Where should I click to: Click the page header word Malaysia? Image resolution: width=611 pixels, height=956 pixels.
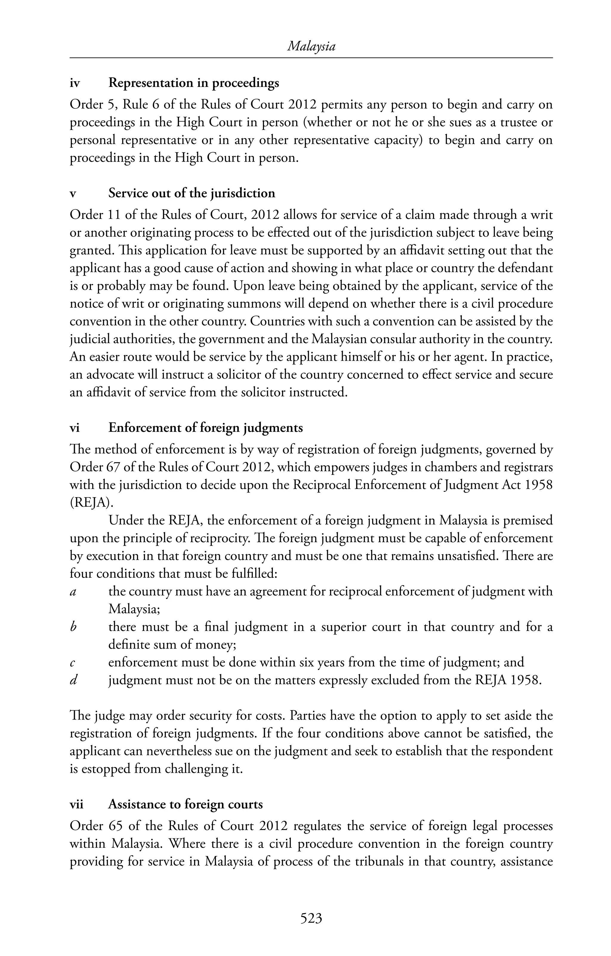(x=311, y=47)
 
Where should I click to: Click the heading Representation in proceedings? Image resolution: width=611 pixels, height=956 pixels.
(x=194, y=83)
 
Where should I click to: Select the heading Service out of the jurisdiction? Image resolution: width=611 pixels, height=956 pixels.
(x=192, y=193)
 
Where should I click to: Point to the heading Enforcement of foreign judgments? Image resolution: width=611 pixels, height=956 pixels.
(x=206, y=428)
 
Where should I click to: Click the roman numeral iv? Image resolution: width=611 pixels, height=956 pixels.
(x=75, y=83)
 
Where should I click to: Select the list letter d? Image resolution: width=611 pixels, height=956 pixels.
(x=73, y=680)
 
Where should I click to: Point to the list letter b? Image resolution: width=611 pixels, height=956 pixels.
(x=73, y=627)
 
